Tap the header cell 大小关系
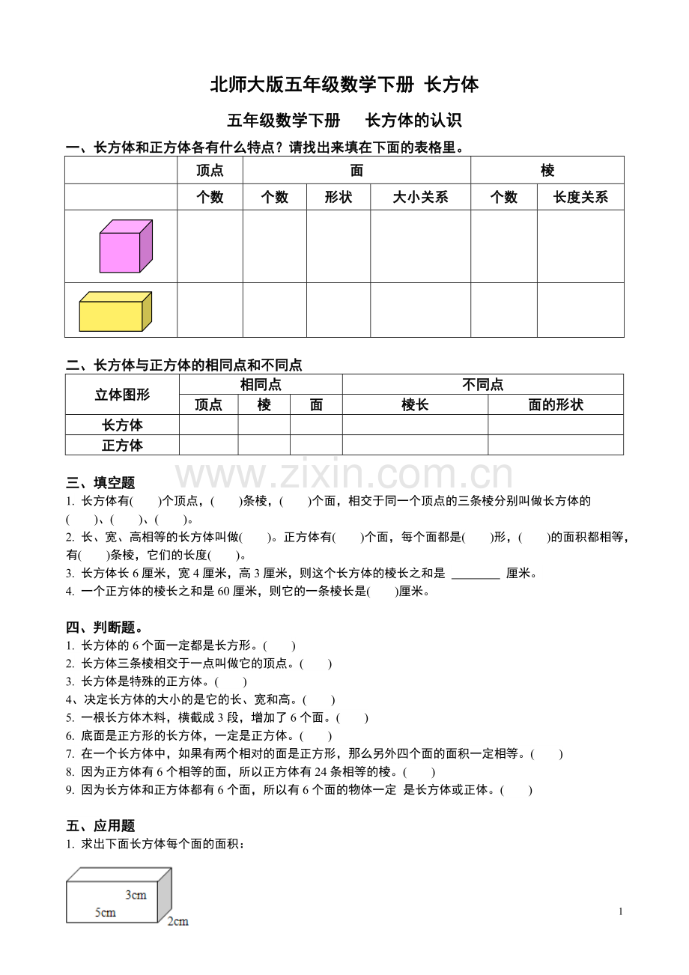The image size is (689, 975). click(x=420, y=197)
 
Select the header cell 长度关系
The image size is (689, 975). click(x=580, y=197)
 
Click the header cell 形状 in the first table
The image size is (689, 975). click(x=338, y=197)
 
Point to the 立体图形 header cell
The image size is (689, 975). click(x=122, y=395)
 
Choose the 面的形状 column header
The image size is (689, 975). click(x=556, y=405)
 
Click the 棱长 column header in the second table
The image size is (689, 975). click(x=415, y=405)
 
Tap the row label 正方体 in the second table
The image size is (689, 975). click(x=122, y=446)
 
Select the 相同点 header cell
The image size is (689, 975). click(x=261, y=385)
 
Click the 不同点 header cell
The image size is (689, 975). click(x=483, y=385)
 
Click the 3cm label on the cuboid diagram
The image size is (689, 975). click(x=136, y=895)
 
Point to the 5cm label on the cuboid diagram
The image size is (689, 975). click(x=105, y=912)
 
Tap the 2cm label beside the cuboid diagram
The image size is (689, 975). click(x=177, y=921)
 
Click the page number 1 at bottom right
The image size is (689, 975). click(x=621, y=911)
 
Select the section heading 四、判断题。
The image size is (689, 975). click(x=104, y=628)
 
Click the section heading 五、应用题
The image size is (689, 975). click(x=100, y=826)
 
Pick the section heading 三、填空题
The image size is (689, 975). click(x=100, y=483)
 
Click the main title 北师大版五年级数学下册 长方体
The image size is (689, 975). click(x=344, y=85)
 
